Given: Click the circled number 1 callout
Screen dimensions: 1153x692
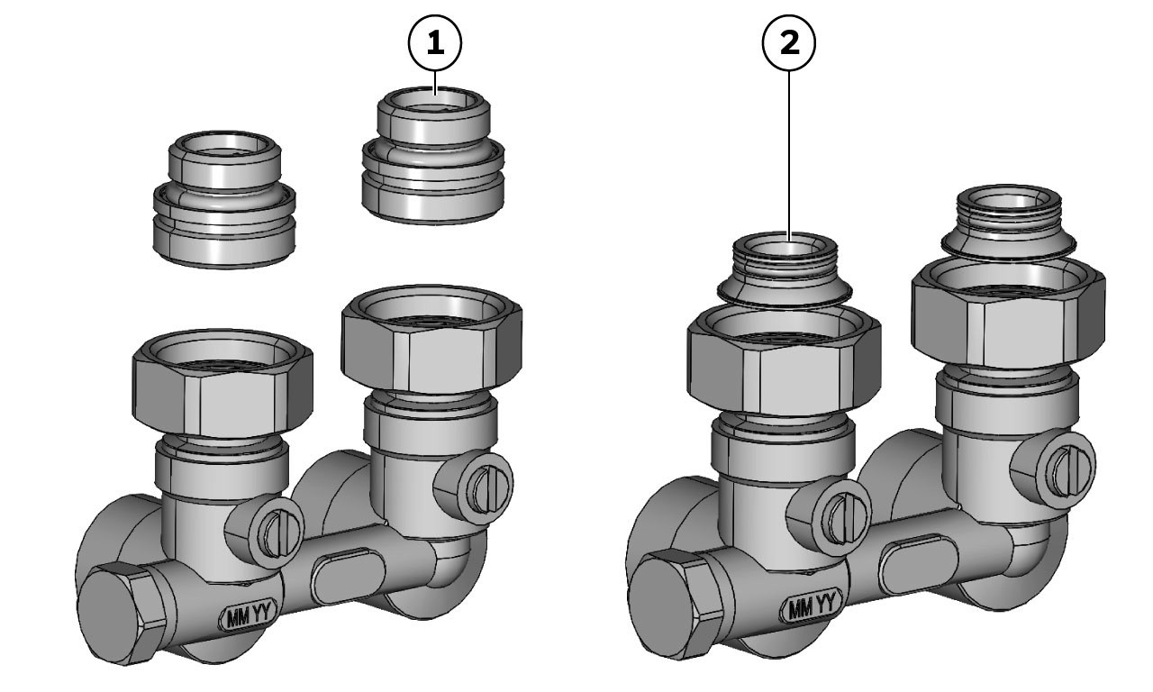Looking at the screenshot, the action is (435, 42).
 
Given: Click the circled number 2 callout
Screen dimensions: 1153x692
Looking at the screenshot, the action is (788, 42).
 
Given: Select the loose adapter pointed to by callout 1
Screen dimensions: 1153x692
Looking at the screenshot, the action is (433, 155).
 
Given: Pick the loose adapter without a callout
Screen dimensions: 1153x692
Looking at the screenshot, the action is (225, 199).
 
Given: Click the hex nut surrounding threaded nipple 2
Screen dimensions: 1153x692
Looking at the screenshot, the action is (784, 363).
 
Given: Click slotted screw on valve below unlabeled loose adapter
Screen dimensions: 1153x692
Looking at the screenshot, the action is (278, 534).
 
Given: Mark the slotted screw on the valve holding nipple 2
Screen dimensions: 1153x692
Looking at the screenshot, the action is (843, 525).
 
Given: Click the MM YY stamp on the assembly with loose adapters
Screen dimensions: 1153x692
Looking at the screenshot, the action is (250, 615).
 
